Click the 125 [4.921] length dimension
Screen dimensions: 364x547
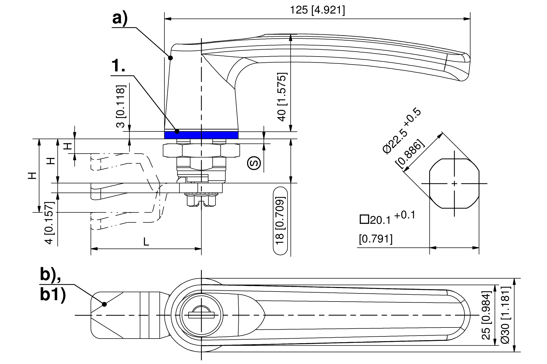point(317,10)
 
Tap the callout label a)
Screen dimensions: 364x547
point(120,19)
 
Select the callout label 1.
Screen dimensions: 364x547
point(119,66)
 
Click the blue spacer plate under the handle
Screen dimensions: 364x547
point(201,135)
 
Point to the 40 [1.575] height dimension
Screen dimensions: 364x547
point(282,97)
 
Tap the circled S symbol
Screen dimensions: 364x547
point(254,163)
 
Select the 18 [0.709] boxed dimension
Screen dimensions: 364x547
point(280,220)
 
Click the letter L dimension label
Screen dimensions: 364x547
point(146,242)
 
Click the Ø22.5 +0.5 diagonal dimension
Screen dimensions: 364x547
point(402,131)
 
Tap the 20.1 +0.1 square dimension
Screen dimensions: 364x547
point(387,219)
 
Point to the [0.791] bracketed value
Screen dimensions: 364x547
point(376,239)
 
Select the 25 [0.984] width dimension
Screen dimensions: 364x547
point(486,315)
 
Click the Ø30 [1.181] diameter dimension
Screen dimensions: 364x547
point(505,315)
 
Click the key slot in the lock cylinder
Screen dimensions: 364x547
point(201,315)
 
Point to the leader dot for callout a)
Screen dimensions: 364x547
point(171,58)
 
